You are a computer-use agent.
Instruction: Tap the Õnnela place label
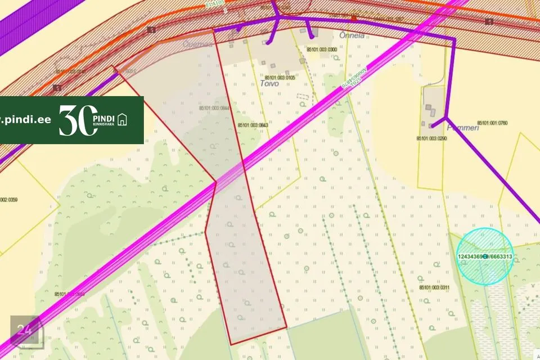352,35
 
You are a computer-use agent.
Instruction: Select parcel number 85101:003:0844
214,109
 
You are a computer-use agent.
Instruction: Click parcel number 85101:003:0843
253,125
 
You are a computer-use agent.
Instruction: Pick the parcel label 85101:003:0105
280,77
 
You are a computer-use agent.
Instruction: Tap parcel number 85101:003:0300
322,49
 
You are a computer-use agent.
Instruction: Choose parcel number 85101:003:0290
431,138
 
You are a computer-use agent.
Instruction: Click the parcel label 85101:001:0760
492,123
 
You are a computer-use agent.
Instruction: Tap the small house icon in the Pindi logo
123,120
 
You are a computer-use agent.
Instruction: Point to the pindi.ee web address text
28,120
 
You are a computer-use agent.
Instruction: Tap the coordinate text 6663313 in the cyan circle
500,256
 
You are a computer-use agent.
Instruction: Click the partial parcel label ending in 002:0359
9,200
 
